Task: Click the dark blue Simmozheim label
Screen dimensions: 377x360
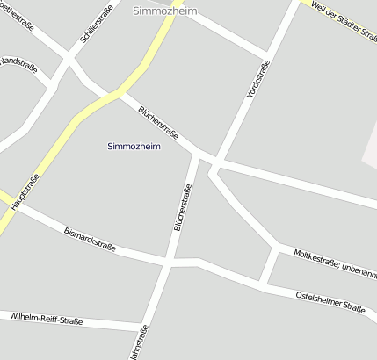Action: (134, 146)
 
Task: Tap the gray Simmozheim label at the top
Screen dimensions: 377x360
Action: (164, 11)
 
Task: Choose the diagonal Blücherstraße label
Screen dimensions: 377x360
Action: (158, 124)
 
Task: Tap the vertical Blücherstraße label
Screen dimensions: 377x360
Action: (182, 207)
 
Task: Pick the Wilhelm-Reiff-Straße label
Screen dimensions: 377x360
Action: (46, 319)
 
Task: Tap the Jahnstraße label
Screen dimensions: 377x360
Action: (139, 342)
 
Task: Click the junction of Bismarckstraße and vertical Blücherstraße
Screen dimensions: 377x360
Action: (166, 262)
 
